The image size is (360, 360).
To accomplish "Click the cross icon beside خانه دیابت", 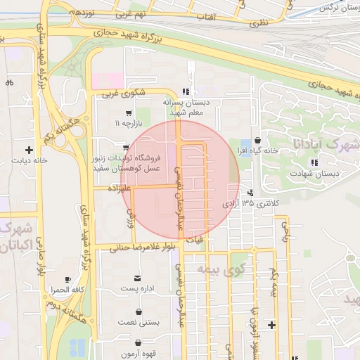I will [29, 150].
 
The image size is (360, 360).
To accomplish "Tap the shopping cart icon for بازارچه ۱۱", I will [128, 113].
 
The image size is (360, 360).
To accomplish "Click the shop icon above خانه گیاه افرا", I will [259, 140].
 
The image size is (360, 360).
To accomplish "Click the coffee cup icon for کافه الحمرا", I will [67, 279].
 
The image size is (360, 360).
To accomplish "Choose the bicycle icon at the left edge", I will [9, 82].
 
